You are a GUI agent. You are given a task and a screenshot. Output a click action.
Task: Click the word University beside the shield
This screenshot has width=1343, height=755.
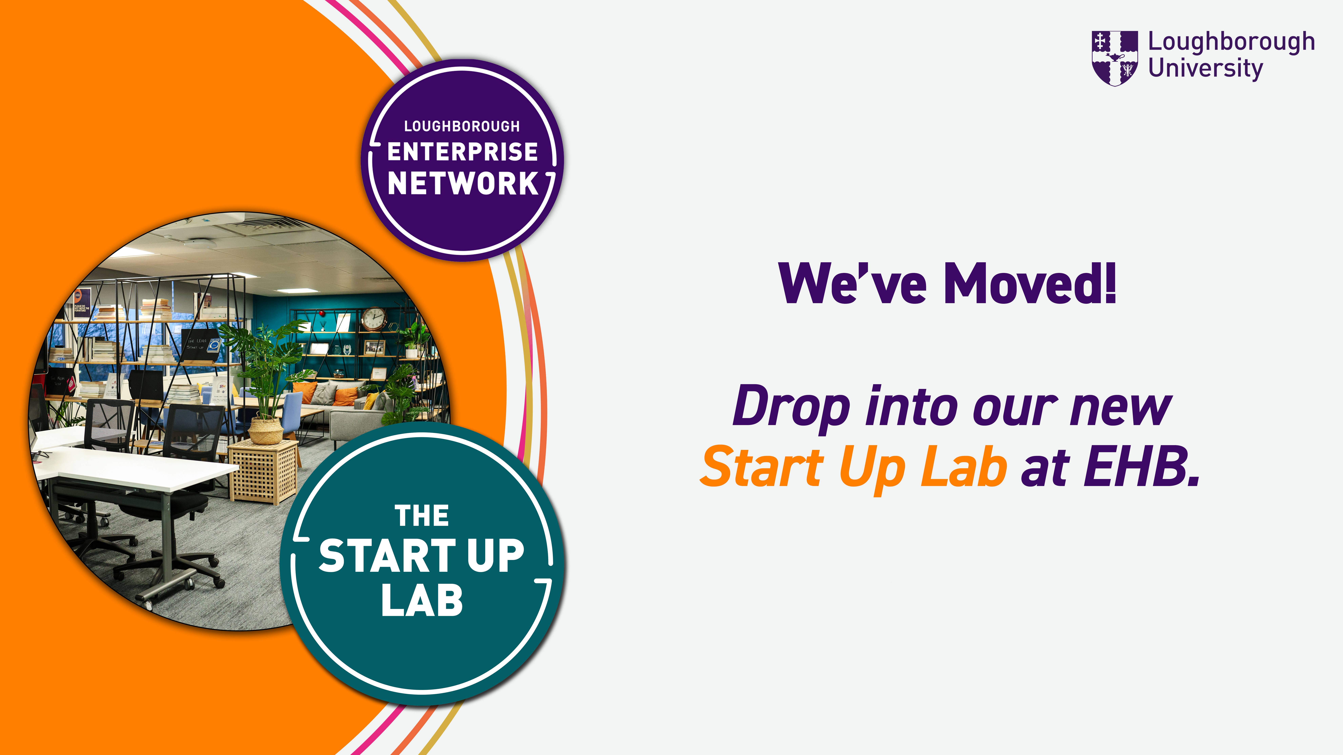pos(1205,69)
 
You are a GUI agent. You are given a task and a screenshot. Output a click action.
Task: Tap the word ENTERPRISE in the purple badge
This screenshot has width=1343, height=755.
pos(462,152)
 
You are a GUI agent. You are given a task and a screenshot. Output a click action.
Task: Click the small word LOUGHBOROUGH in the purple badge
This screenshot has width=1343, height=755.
pos(462,126)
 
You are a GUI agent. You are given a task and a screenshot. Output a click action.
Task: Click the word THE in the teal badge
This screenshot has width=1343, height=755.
pos(422,516)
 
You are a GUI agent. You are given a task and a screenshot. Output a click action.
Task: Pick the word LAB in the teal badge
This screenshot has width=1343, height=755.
pos(422,600)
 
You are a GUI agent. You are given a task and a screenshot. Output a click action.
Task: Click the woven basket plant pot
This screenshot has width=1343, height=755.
pos(266,430)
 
